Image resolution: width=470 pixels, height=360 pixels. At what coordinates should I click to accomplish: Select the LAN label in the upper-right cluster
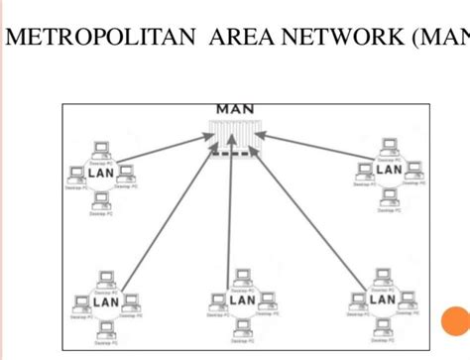[x=389, y=170]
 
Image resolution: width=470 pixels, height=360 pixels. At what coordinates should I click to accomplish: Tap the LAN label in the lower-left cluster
[x=106, y=300]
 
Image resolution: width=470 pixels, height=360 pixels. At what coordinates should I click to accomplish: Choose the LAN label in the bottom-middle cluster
[x=243, y=300]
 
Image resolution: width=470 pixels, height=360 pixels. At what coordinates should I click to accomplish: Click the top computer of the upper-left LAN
[x=99, y=150]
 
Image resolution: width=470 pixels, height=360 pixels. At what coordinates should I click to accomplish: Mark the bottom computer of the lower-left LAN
[x=104, y=327]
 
